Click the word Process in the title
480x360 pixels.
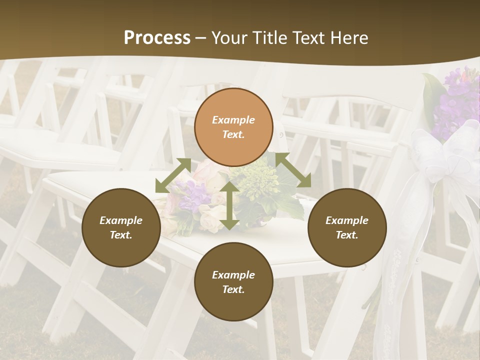tap(157, 37)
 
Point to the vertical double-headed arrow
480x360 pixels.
tap(229, 206)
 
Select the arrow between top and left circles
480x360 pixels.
tap(173, 175)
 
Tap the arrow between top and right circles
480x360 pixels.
tap(293, 169)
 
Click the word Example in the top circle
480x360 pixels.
tap(233, 120)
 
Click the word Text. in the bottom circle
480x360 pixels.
tap(233, 289)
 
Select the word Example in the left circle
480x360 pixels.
tap(121, 220)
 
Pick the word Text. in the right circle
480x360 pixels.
tap(347, 235)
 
